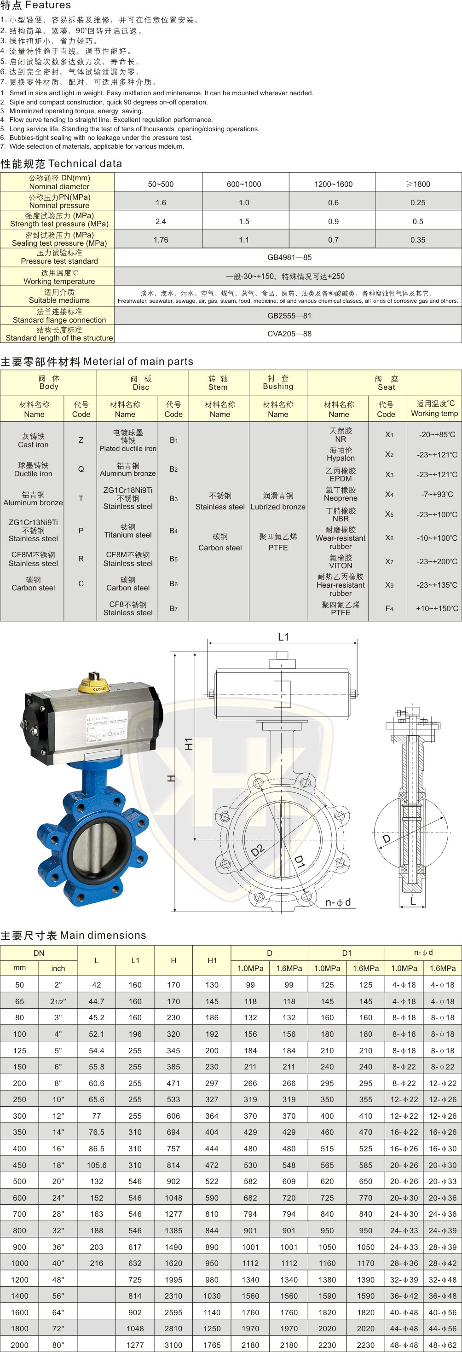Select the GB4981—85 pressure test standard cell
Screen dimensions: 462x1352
[x=289, y=258]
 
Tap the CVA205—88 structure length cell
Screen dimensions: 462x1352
[x=289, y=334]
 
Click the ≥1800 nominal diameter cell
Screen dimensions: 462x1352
[x=418, y=184]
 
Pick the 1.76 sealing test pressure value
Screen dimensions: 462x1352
[x=161, y=240]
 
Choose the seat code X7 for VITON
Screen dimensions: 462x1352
[x=389, y=561]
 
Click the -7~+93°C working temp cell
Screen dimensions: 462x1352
[x=437, y=494]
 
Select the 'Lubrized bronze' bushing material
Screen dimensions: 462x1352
[x=278, y=507]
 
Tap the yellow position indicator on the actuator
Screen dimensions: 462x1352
[x=92, y=684]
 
